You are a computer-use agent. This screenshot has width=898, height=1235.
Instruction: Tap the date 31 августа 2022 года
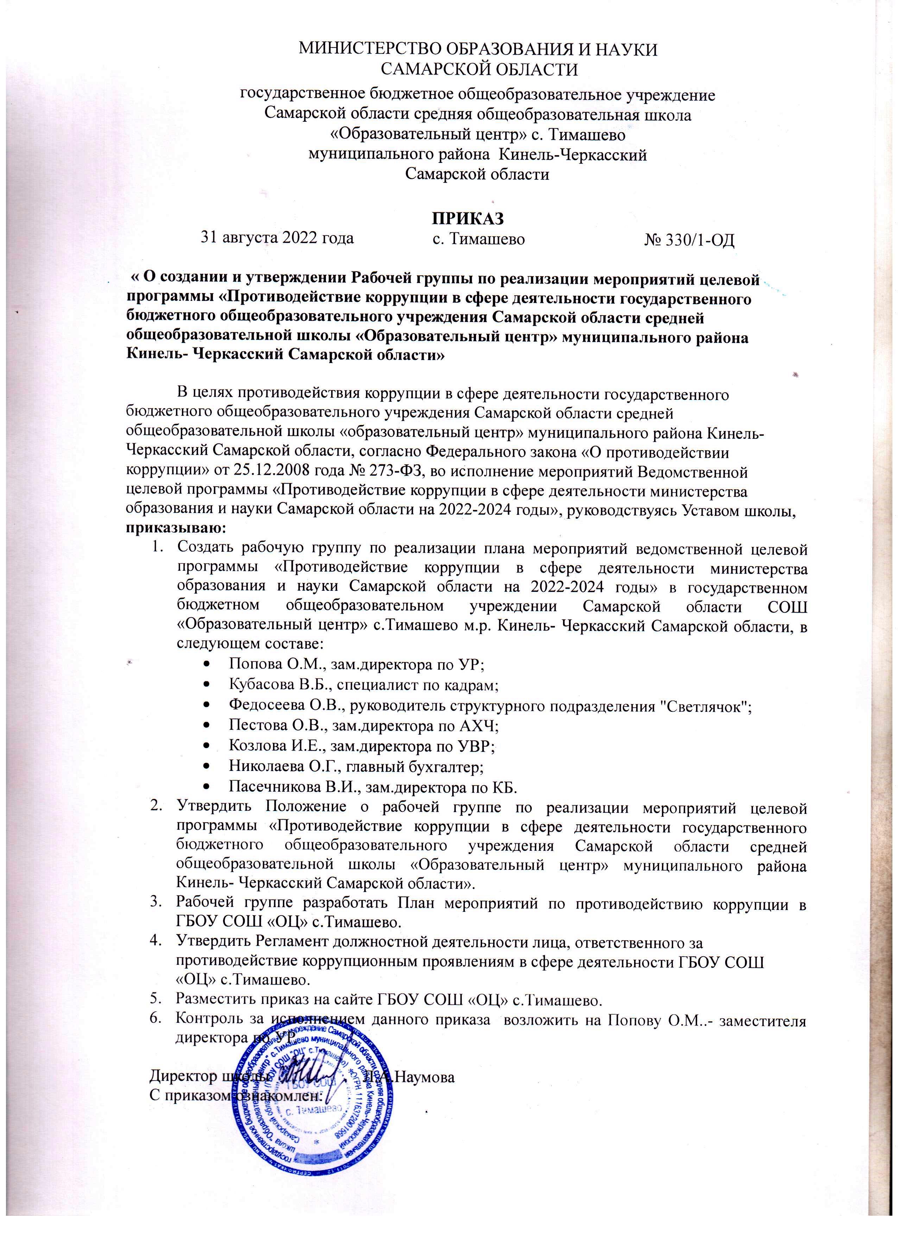click(278, 238)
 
